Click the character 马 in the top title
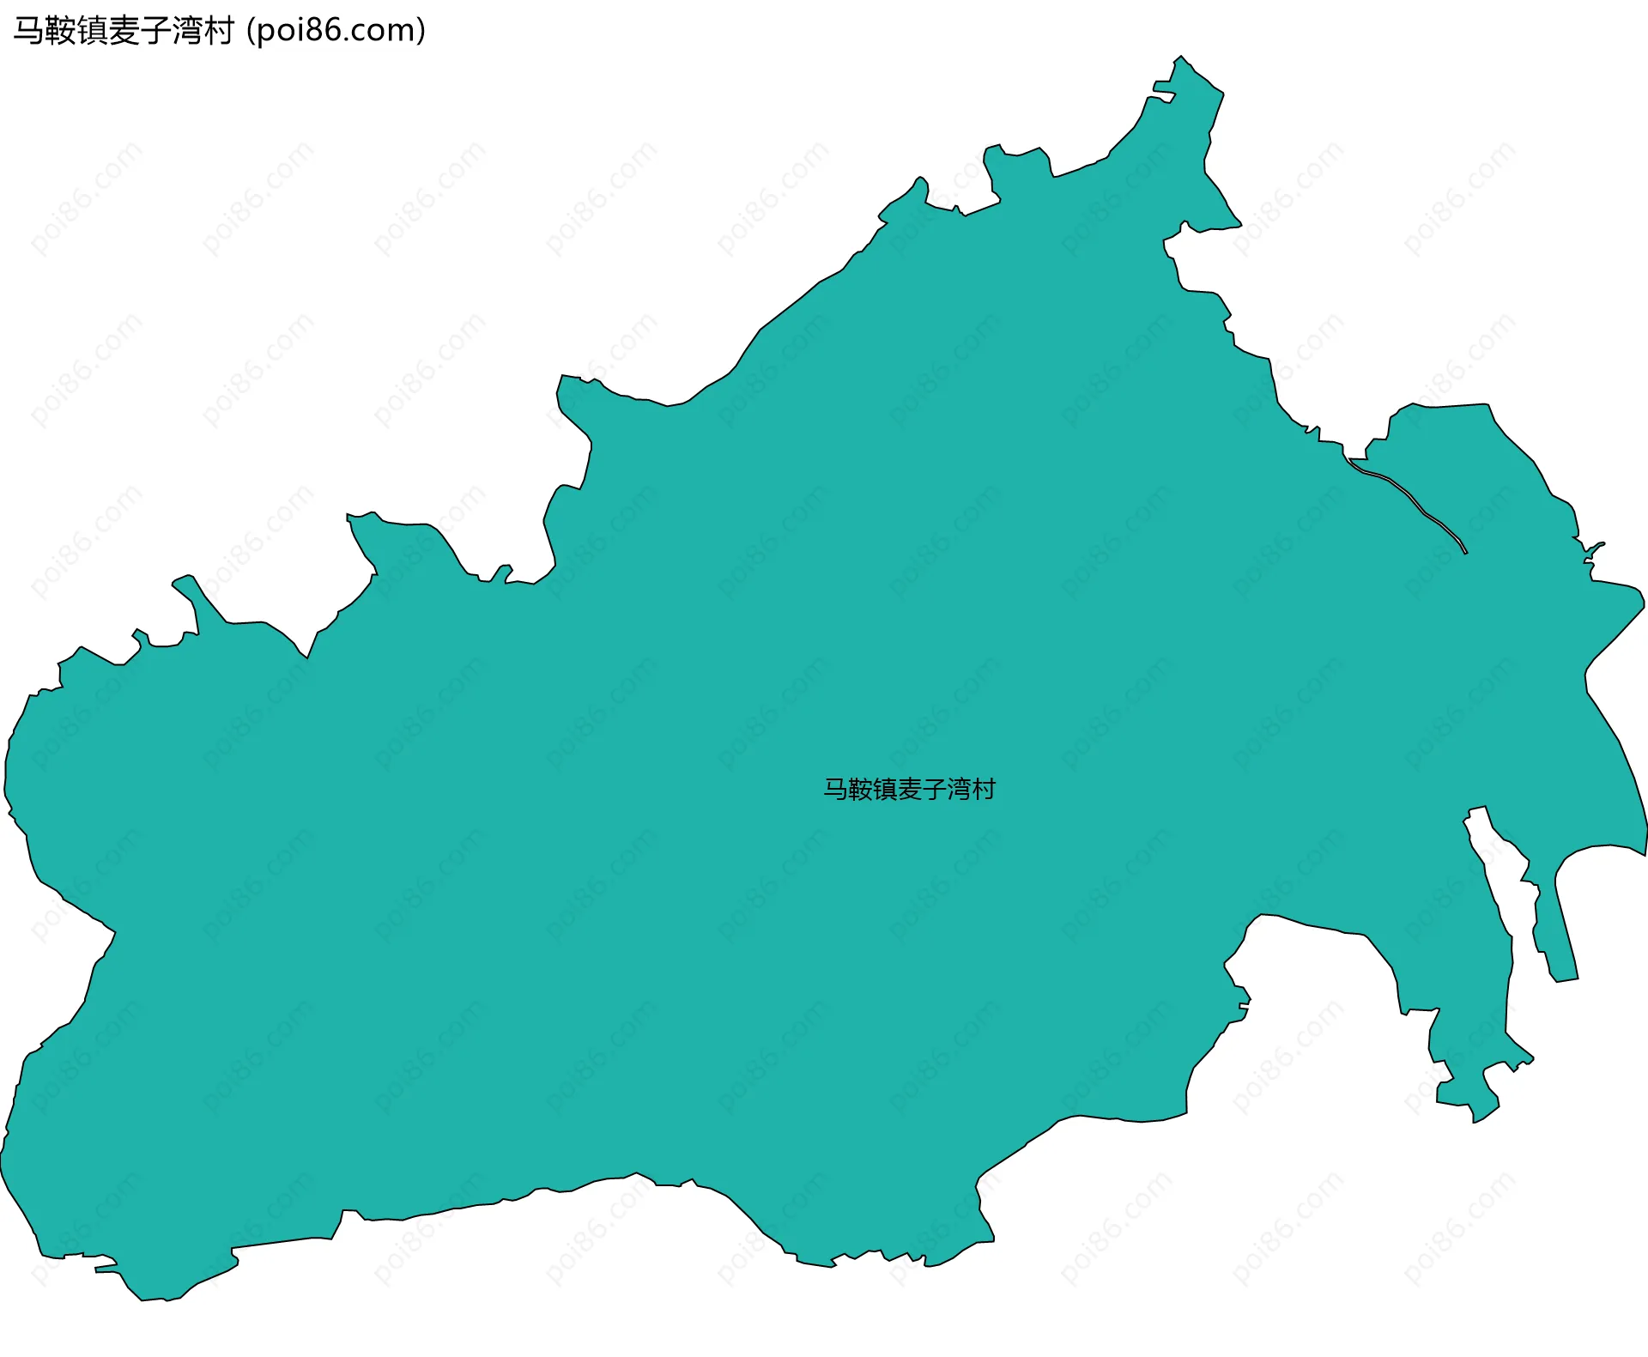[27, 31]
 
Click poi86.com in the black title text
[336, 31]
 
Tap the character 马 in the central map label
[835, 789]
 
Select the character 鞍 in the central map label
[860, 789]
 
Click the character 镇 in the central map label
[885, 789]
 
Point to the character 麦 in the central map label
[910, 789]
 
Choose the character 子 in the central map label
[934, 789]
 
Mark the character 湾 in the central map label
[959, 789]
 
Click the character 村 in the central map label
[984, 789]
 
